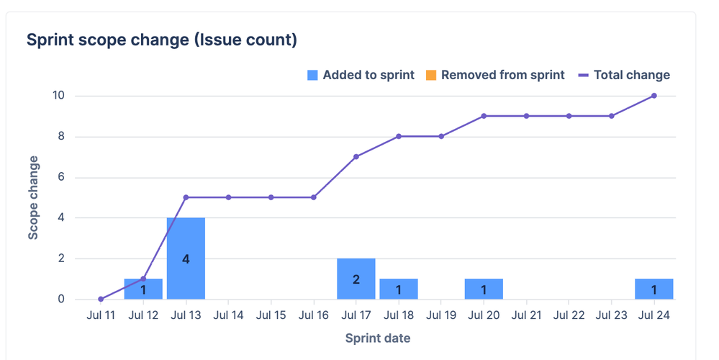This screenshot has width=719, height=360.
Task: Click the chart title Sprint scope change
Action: click(x=162, y=40)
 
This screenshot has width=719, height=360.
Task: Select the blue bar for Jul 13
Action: click(x=186, y=258)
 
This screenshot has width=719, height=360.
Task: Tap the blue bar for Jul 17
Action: click(x=356, y=279)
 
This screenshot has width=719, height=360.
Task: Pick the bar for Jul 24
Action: click(x=654, y=289)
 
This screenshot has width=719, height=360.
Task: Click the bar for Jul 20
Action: click(x=484, y=289)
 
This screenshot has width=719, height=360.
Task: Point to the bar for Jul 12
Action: click(x=143, y=289)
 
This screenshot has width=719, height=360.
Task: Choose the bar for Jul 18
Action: click(x=399, y=289)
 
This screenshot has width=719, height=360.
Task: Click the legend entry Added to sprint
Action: click(x=361, y=75)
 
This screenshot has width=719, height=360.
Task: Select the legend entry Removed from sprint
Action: click(x=495, y=75)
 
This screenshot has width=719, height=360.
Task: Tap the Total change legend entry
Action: click(x=624, y=75)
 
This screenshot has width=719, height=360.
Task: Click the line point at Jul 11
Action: click(x=101, y=299)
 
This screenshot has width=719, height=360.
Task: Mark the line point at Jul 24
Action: click(x=654, y=96)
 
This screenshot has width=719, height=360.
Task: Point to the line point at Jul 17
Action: click(x=356, y=156)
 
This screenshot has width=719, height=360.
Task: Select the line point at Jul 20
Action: click(x=484, y=116)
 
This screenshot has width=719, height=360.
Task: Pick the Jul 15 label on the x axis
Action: click(x=271, y=315)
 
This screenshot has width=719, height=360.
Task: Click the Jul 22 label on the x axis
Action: click(x=569, y=315)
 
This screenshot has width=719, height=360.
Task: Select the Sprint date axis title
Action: click(x=377, y=338)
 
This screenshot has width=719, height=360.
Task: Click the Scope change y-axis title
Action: click(x=33, y=197)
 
